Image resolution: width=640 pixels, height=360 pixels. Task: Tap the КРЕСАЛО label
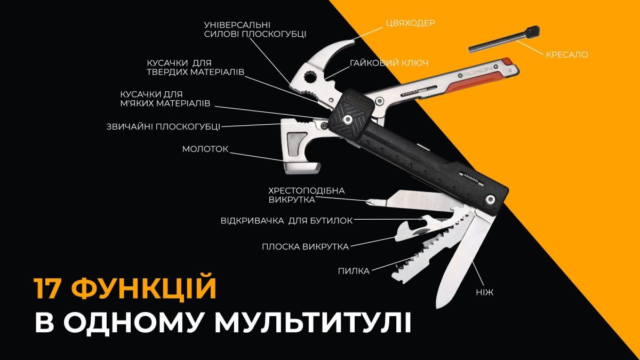click(567, 54)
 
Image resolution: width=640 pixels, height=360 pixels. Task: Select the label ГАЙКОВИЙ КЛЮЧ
click(389, 63)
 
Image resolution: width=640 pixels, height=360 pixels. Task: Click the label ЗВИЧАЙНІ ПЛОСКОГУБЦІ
click(163, 126)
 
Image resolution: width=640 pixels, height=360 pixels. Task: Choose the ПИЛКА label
click(354, 271)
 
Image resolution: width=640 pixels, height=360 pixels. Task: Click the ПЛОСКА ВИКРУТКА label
click(305, 246)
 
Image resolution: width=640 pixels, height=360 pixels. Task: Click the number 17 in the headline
click(51, 289)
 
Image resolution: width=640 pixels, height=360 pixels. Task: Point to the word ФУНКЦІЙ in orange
click(145, 289)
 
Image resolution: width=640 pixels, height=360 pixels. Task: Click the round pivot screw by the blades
click(489, 199)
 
